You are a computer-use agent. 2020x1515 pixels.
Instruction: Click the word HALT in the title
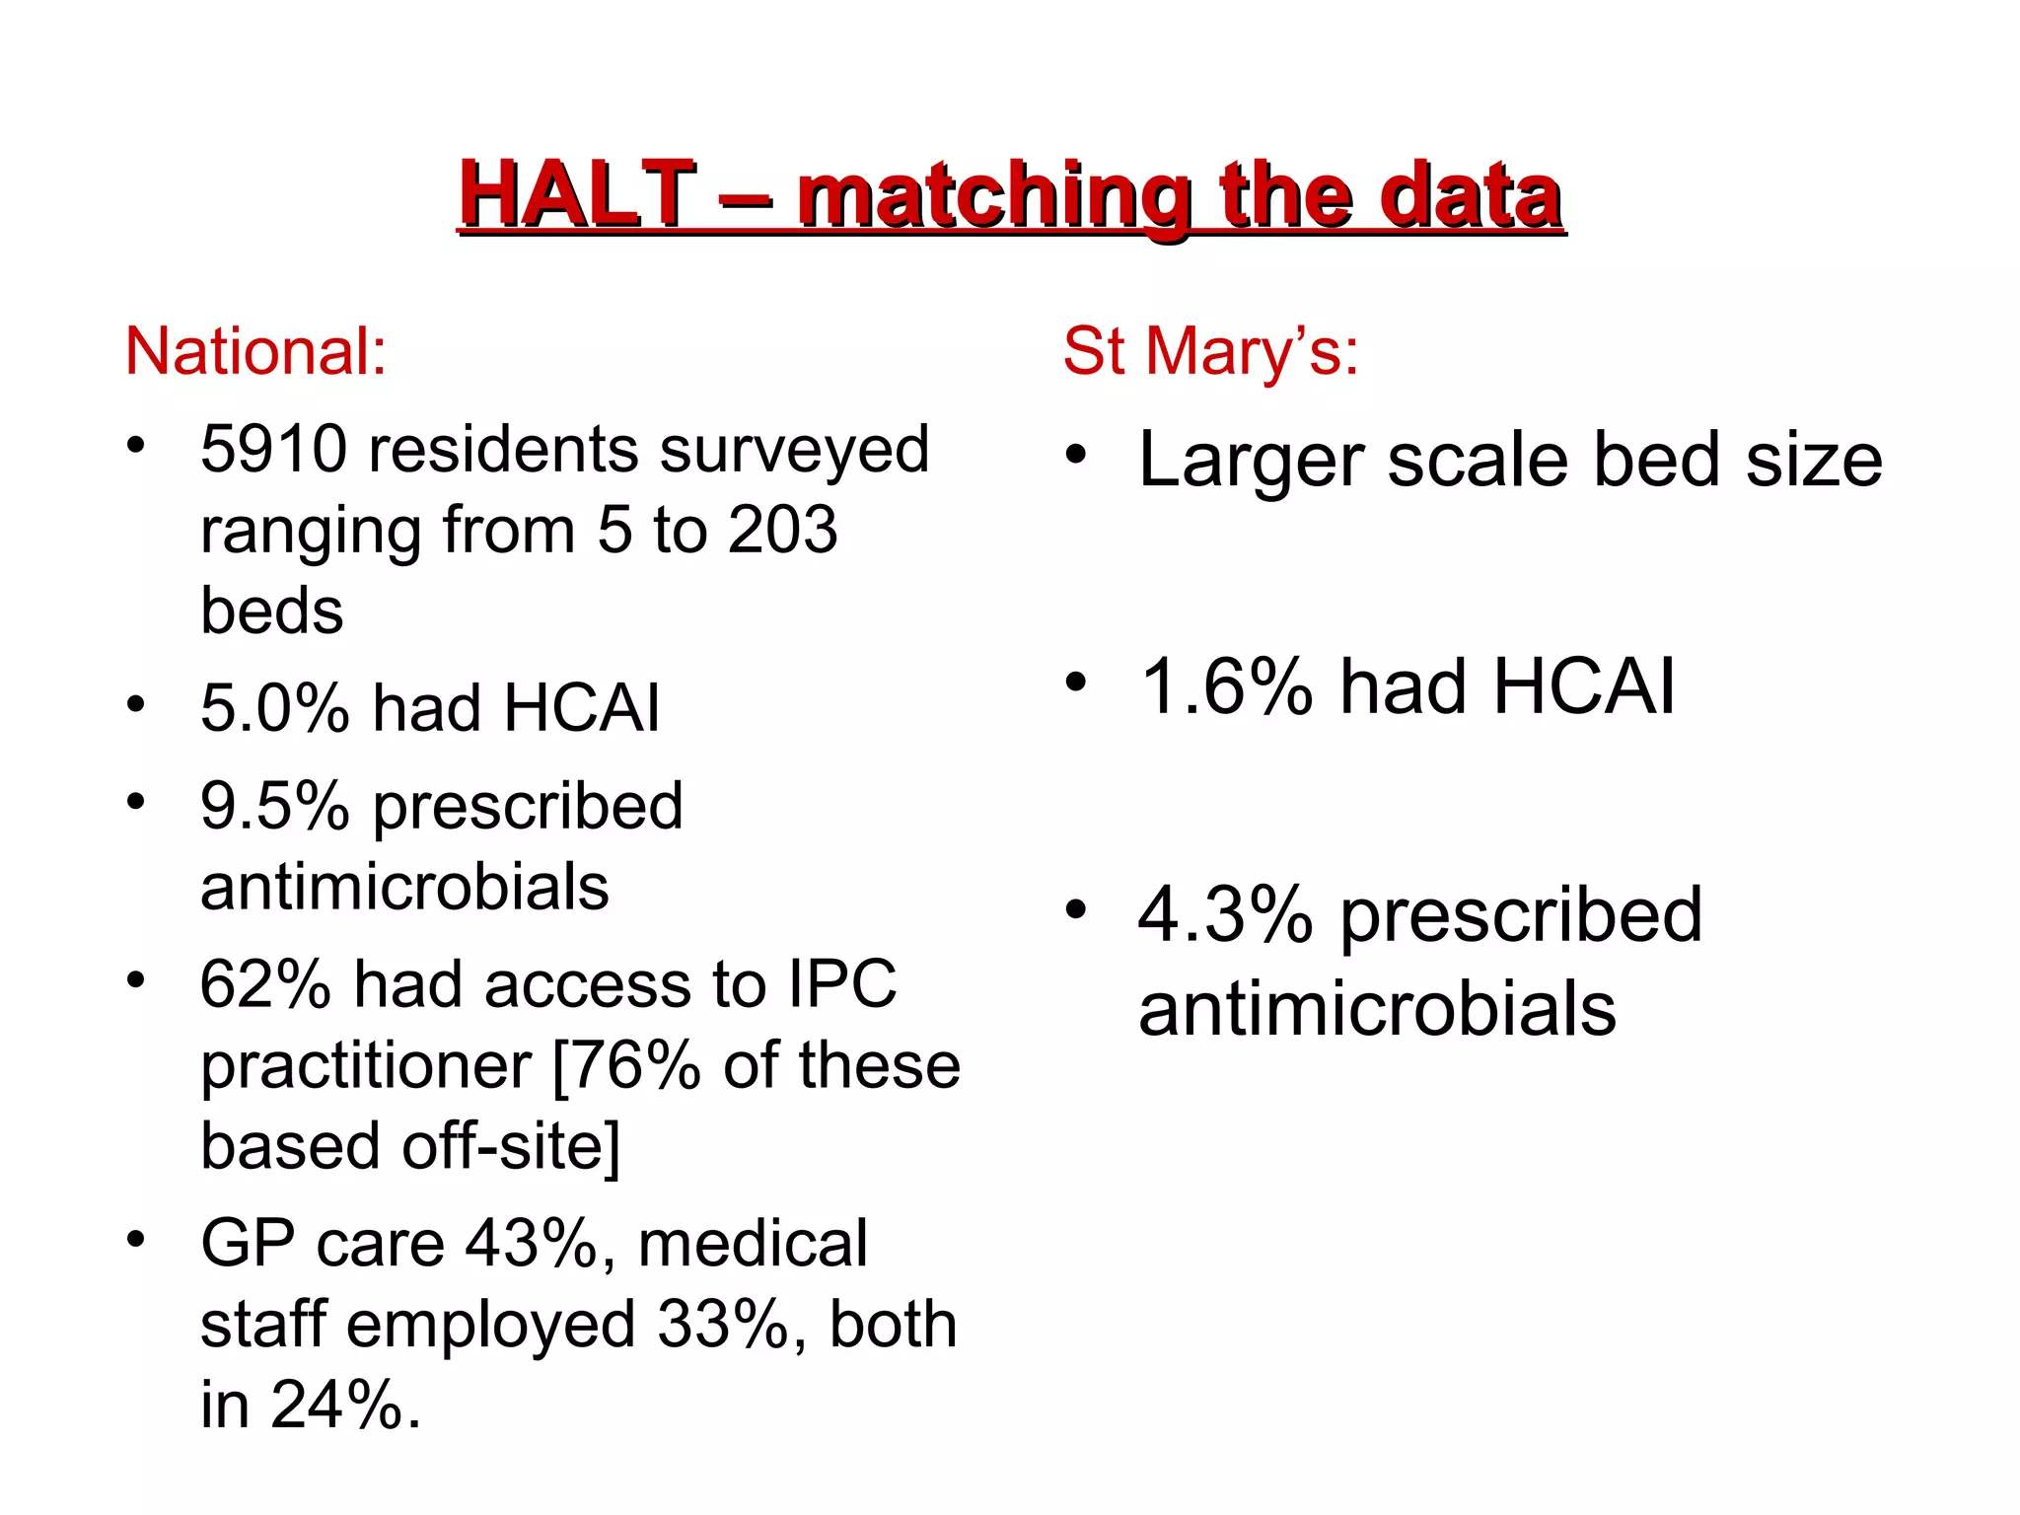point(577,194)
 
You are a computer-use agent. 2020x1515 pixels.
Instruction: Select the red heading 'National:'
point(255,351)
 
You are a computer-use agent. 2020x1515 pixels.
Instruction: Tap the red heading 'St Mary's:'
point(1210,351)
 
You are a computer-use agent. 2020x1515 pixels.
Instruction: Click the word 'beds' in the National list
point(271,612)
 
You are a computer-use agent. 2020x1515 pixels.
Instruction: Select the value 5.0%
point(274,708)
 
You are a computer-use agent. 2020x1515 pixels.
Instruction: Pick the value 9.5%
point(274,806)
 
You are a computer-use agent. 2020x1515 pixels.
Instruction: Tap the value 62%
point(265,984)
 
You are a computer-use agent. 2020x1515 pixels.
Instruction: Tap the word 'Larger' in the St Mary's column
point(1251,461)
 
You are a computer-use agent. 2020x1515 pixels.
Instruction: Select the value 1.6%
point(1226,686)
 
